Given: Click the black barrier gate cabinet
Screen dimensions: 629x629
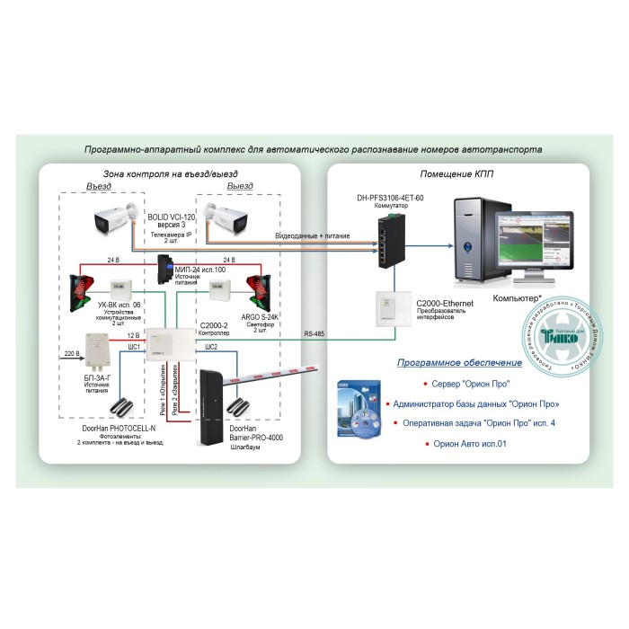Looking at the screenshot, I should point(213,403).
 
